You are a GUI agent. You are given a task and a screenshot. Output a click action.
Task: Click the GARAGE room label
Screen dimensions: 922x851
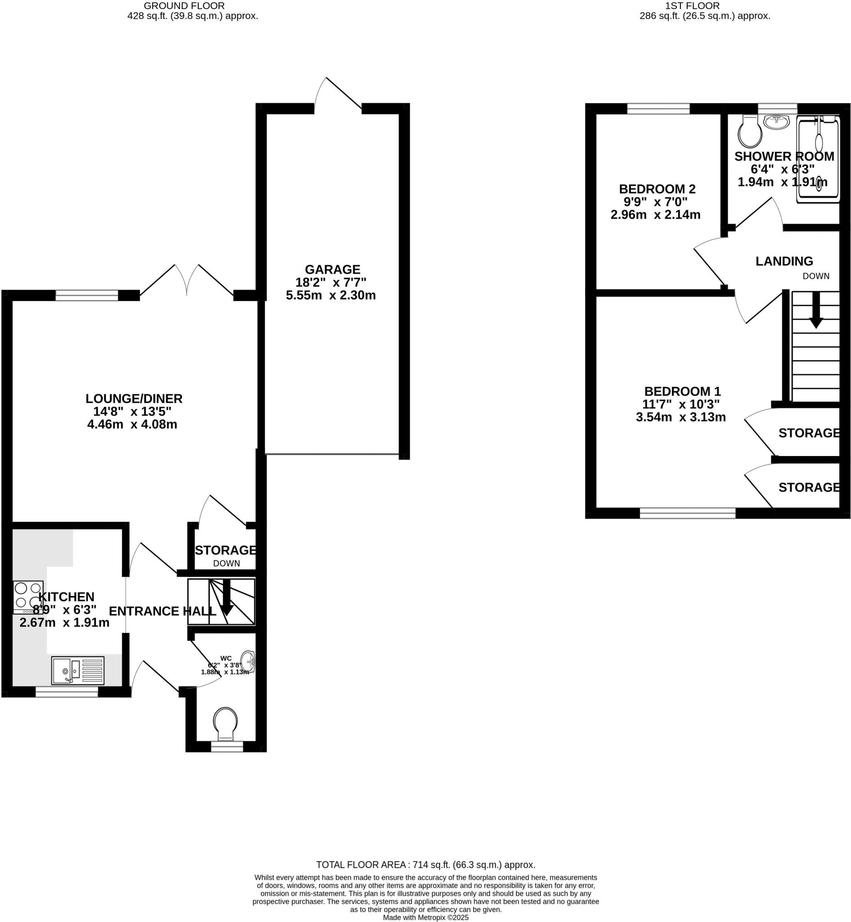coord(332,269)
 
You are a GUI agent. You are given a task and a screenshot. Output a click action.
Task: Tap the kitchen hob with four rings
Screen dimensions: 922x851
coord(28,596)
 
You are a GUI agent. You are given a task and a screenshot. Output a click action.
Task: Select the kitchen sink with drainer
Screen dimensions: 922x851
coord(78,670)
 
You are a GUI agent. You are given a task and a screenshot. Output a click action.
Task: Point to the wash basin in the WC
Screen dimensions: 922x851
coord(248,663)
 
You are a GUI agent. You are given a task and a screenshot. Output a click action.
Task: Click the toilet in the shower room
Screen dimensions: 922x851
coord(750,132)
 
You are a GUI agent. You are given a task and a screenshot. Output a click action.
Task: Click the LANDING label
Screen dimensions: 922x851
coord(784,261)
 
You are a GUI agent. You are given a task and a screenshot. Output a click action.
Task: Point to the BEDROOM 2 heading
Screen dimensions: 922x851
coord(657,189)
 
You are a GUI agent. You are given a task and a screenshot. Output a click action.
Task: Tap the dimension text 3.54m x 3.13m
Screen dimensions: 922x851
coord(680,417)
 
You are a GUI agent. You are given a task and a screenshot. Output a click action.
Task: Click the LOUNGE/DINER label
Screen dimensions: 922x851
coord(134,398)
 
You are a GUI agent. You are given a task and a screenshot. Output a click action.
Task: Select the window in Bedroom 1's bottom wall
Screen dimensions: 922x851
coord(688,513)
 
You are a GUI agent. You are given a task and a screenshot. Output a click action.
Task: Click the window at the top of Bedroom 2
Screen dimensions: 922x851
coord(658,109)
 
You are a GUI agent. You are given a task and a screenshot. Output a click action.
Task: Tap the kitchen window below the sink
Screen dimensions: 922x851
coord(67,691)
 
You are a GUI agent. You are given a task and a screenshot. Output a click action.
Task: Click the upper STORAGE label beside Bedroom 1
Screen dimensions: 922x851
coord(809,433)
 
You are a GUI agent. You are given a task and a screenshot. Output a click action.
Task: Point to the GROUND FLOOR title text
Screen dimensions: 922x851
coord(184,6)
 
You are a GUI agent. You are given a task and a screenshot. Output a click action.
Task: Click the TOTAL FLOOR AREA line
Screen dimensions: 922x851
coord(426,865)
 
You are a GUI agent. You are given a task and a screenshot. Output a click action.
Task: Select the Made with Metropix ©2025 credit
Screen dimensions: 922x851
coord(426,918)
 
